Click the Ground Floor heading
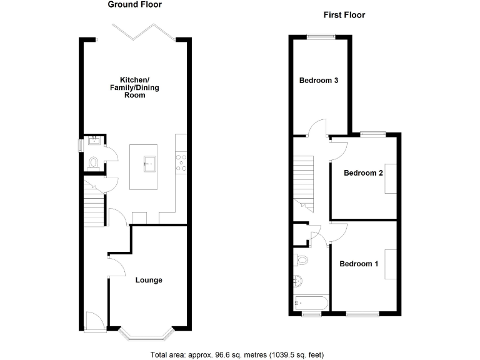[x=134, y=4]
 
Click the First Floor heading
[x=344, y=15]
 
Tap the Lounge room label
[x=149, y=280]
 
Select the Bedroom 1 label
[x=359, y=264]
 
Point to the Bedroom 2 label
[x=363, y=173]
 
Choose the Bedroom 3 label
[x=319, y=81]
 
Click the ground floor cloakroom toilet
[x=94, y=162]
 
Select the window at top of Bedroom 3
[x=320, y=37]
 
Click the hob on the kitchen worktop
[x=182, y=162]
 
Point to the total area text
[x=237, y=354]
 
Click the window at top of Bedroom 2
[x=373, y=133]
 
